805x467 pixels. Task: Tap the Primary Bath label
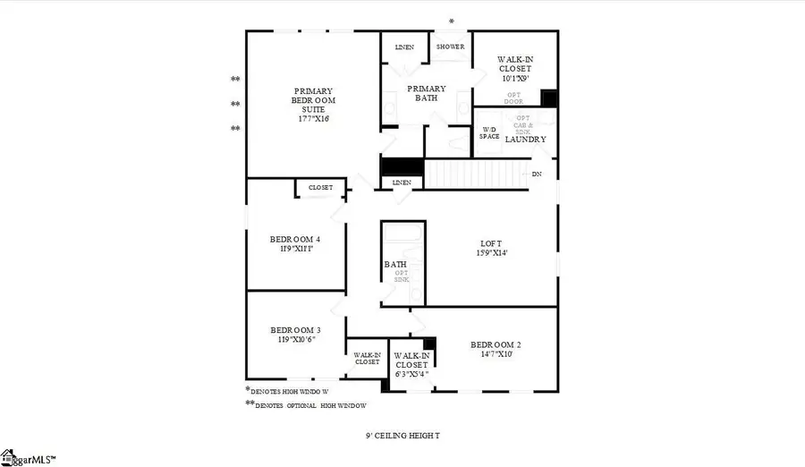[x=427, y=93]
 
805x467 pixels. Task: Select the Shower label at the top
[x=450, y=47]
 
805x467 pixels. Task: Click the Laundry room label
[x=526, y=139]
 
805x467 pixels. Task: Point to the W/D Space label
[x=489, y=132]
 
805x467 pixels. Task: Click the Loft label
[x=492, y=248]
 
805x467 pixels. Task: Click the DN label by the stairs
[x=537, y=174]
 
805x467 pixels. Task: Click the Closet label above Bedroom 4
[x=320, y=188]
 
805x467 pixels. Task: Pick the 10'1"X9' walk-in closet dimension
[x=514, y=79]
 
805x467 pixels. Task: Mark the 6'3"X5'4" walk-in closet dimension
[x=411, y=377]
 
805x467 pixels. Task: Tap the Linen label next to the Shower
[x=404, y=47]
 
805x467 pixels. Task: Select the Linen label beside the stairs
[x=402, y=183]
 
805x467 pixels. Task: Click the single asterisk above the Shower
[x=452, y=21]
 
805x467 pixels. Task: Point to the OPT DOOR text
[x=514, y=98]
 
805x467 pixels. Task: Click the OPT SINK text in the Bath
[x=401, y=277]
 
